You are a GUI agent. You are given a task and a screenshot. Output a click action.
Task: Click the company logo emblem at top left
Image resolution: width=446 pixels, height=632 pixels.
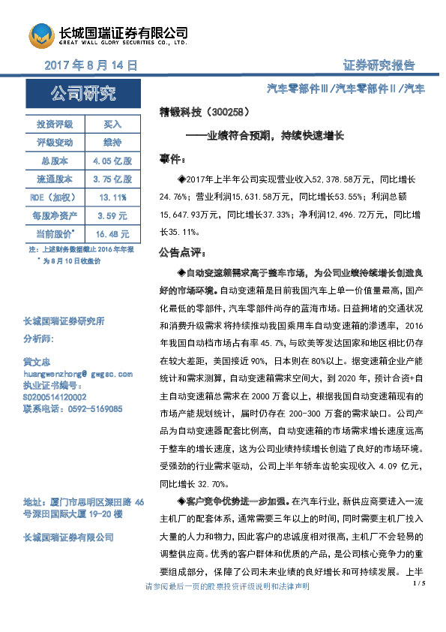42,35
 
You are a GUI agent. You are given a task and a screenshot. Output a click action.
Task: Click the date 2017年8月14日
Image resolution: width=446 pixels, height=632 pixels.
91,65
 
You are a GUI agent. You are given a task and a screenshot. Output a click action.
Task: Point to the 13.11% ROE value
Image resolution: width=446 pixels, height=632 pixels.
111,197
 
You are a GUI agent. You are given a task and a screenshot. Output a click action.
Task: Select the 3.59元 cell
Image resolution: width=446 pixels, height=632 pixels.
111,216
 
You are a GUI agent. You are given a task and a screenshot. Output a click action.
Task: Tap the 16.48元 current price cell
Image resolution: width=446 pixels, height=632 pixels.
111,234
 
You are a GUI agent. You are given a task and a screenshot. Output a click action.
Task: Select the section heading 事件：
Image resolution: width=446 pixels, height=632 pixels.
176,160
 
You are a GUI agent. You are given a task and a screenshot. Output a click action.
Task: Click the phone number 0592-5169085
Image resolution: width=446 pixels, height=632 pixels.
88,409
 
